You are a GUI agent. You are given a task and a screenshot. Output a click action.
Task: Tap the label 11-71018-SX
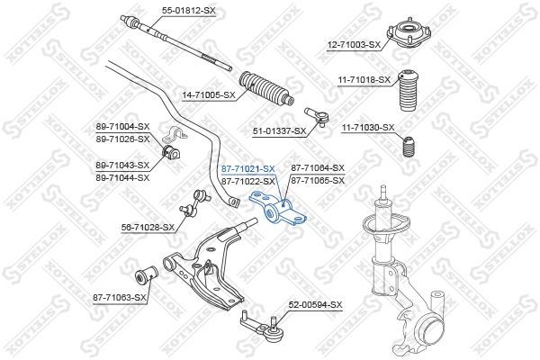363,80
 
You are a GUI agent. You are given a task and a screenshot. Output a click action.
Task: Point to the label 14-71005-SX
208,94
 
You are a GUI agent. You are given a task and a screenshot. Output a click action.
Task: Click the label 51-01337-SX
279,130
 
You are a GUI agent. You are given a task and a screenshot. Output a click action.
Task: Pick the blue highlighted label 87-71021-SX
247,168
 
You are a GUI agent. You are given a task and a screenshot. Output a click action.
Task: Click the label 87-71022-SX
247,181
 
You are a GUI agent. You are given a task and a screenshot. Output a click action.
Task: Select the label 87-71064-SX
318,168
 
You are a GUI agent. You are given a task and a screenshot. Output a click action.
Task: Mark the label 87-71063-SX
119,296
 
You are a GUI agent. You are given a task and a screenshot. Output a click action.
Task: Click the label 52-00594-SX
315,306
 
